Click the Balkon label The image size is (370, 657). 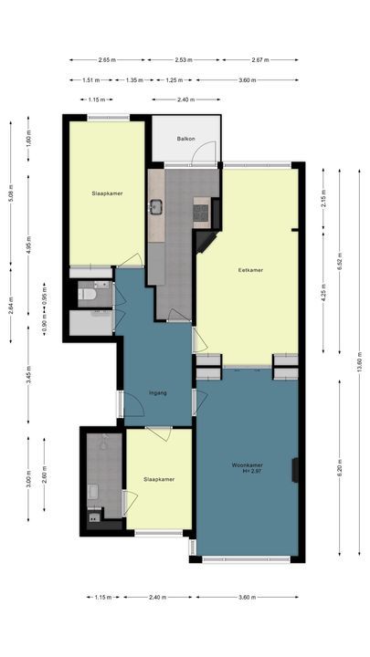coord(186,140)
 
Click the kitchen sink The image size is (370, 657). coord(155,206)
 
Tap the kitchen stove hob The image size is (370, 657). coord(201,213)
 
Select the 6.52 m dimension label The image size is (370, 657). coord(339,261)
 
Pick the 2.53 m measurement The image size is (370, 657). coord(184,60)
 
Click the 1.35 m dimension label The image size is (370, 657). coord(134,79)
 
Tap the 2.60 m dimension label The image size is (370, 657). coord(44,476)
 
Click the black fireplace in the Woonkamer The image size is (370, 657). coord(295,470)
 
